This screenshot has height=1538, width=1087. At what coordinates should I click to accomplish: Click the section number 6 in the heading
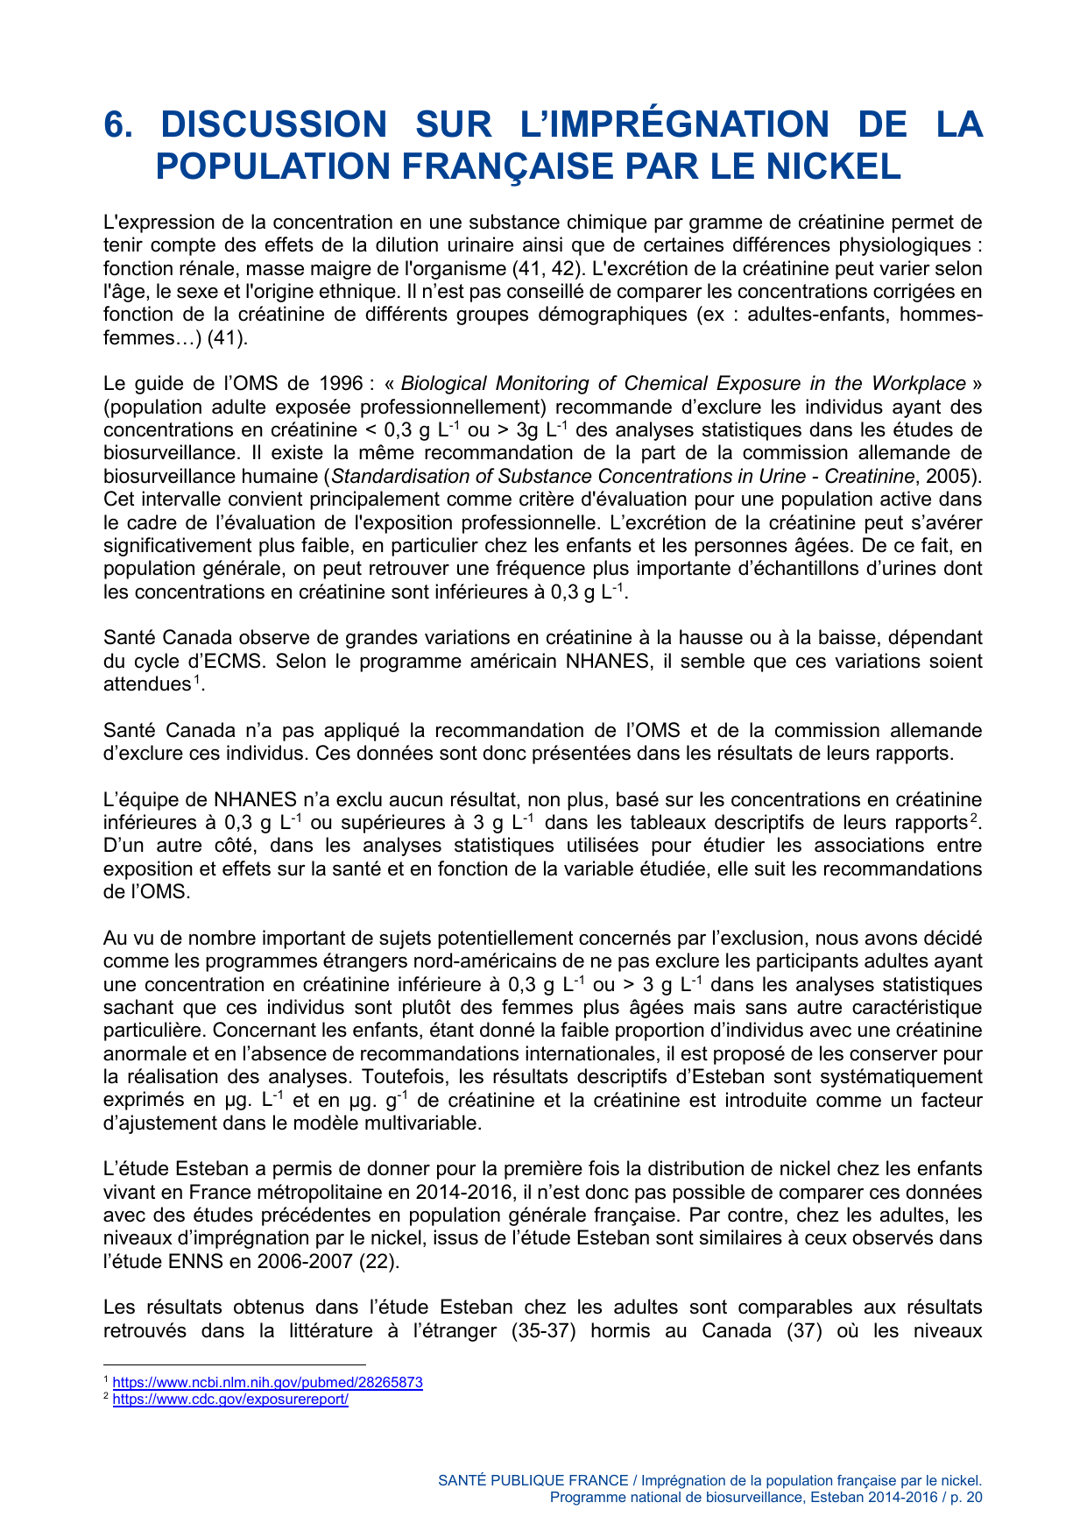tap(116, 124)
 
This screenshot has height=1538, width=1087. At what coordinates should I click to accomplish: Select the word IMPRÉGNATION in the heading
tap(674, 124)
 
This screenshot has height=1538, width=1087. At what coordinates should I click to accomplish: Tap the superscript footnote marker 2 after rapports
tap(973, 819)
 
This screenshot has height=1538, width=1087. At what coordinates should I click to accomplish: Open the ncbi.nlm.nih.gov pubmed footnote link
tap(267, 1383)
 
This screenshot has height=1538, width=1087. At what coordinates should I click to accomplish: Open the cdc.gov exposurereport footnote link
tap(230, 1400)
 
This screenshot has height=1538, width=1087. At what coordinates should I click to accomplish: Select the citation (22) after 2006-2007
tap(384, 1262)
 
